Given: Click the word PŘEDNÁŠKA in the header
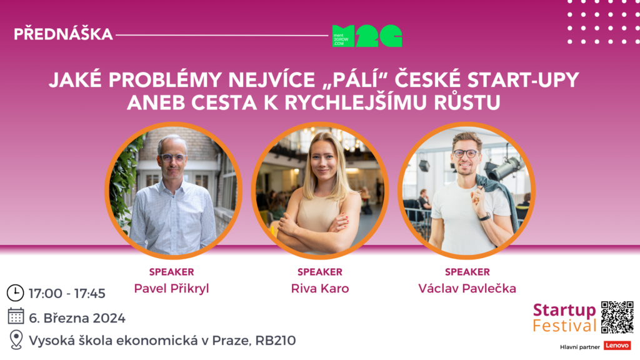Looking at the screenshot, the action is (63, 34).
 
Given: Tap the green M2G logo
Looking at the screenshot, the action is (367, 36).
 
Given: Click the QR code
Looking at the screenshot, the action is (617, 317).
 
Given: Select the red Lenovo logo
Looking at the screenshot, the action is (617, 346).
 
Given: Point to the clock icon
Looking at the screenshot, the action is (15, 293).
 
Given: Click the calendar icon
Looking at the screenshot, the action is (16, 316).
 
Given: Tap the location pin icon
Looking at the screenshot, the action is (16, 339).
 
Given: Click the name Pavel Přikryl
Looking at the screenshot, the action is (171, 289).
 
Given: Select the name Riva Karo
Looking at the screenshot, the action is (320, 289).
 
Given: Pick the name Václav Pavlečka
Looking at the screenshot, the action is (467, 289).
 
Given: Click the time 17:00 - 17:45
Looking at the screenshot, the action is (67, 294).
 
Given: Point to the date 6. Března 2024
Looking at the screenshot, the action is (77, 318).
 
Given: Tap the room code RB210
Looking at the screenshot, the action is (276, 341).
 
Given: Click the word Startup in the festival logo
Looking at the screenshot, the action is (564, 311).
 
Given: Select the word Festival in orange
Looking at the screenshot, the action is (564, 326).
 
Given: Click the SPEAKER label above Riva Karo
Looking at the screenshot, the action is (320, 272).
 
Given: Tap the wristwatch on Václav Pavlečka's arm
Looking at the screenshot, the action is (485, 217).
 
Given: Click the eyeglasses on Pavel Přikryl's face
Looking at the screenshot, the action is (173, 157).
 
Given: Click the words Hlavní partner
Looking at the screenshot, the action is (579, 347).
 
